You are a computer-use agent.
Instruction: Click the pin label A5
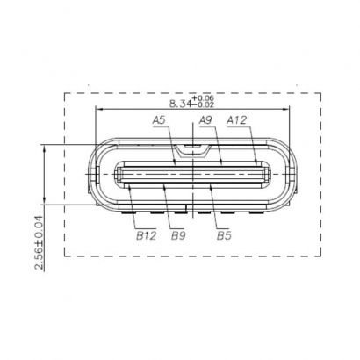[x=159, y=119]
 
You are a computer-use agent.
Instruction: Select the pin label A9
[x=207, y=119]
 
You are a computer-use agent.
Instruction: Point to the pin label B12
[x=146, y=234]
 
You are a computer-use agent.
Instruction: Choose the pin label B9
[x=178, y=234]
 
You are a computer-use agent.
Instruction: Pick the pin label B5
[x=224, y=234]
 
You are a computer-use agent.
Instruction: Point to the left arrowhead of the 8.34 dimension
[x=97, y=110]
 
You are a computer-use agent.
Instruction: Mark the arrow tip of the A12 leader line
[x=256, y=164]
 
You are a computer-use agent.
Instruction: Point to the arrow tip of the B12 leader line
[x=128, y=185]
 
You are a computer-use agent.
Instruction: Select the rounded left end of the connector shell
[x=95, y=174]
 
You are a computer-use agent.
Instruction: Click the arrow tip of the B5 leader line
[x=212, y=185]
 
